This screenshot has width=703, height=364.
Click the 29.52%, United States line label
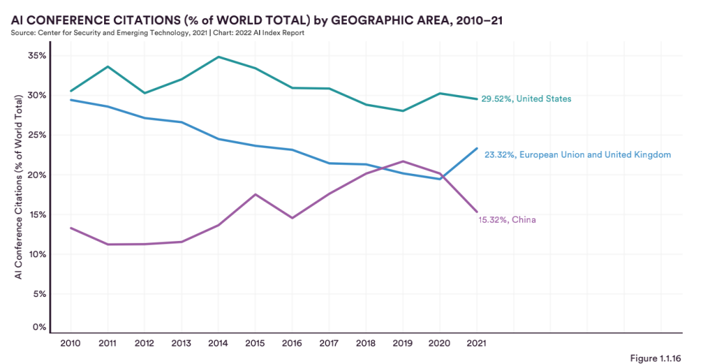pyautogui.click(x=526, y=99)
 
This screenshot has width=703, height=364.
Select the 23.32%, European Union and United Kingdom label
pyautogui.click(x=577, y=155)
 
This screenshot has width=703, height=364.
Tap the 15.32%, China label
pyautogui.click(x=507, y=220)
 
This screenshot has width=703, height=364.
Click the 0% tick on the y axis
pyautogui.click(x=40, y=328)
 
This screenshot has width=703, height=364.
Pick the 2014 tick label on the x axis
pyautogui.click(x=217, y=342)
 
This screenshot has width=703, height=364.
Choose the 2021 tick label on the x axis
pyautogui.click(x=476, y=342)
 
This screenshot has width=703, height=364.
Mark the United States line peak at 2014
pyautogui.click(x=217, y=57)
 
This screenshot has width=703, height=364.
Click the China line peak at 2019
pyautogui.click(x=403, y=161)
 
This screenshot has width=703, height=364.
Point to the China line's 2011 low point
pyautogui.click(x=107, y=244)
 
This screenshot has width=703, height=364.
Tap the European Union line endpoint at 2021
pyautogui.click(x=477, y=148)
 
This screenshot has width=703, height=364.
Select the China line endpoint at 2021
pyautogui.click(x=477, y=212)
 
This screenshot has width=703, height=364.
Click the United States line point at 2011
pyautogui.click(x=107, y=66)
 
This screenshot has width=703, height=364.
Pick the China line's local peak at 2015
pyautogui.click(x=255, y=194)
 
